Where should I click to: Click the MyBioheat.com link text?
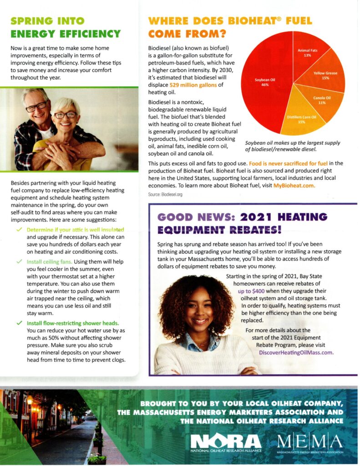tap(294, 186)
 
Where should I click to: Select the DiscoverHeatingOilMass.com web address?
tap(296, 352)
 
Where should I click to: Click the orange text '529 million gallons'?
tap(191, 85)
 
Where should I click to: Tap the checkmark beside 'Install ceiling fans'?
tap(19, 262)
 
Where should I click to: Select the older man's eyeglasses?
tap(36, 107)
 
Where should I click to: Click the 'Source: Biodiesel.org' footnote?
tap(165, 194)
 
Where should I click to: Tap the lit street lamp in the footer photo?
tap(30, 400)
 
